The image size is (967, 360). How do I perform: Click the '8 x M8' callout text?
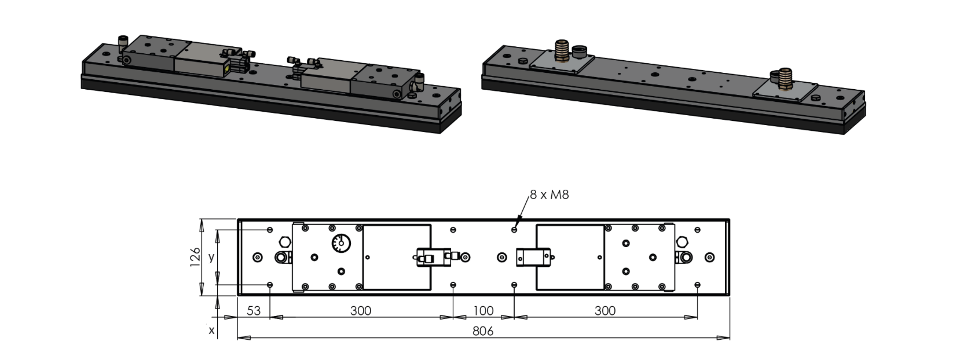pyautogui.click(x=549, y=194)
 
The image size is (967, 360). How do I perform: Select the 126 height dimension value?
pyautogui.click(x=195, y=257)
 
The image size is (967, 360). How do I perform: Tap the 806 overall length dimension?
pyautogui.click(x=483, y=331)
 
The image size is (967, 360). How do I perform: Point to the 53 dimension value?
pyautogui.click(x=254, y=311)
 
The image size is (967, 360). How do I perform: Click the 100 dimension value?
pyautogui.click(x=483, y=311)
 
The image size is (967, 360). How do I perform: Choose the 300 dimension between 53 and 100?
pyautogui.click(x=361, y=311)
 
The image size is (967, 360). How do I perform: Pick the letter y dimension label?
pyautogui.click(x=211, y=257)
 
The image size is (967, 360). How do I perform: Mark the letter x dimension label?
pyautogui.click(x=211, y=330)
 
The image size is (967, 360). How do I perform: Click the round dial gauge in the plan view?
pyautogui.click(x=341, y=244)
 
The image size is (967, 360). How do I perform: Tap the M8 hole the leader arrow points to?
pyautogui.click(x=514, y=230)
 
